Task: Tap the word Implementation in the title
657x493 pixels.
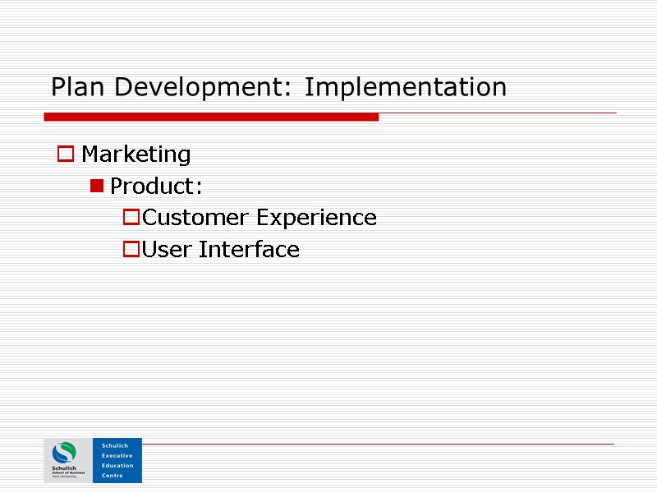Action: pos(405,87)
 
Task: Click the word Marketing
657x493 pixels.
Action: pos(136,154)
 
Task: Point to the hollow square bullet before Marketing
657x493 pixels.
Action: pos(65,154)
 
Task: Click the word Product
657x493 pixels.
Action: pos(153,187)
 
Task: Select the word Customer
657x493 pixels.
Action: pos(195,218)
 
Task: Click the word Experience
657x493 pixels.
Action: pos(316,218)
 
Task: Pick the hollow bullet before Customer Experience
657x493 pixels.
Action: pos(131,218)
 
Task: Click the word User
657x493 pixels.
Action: pos(167,250)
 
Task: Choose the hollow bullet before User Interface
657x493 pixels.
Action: pos(131,250)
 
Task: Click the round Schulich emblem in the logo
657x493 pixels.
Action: pos(64,453)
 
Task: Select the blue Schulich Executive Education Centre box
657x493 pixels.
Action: pos(117,460)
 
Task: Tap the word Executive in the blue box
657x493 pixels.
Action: pos(117,455)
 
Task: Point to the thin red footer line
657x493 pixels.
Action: pos(378,444)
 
